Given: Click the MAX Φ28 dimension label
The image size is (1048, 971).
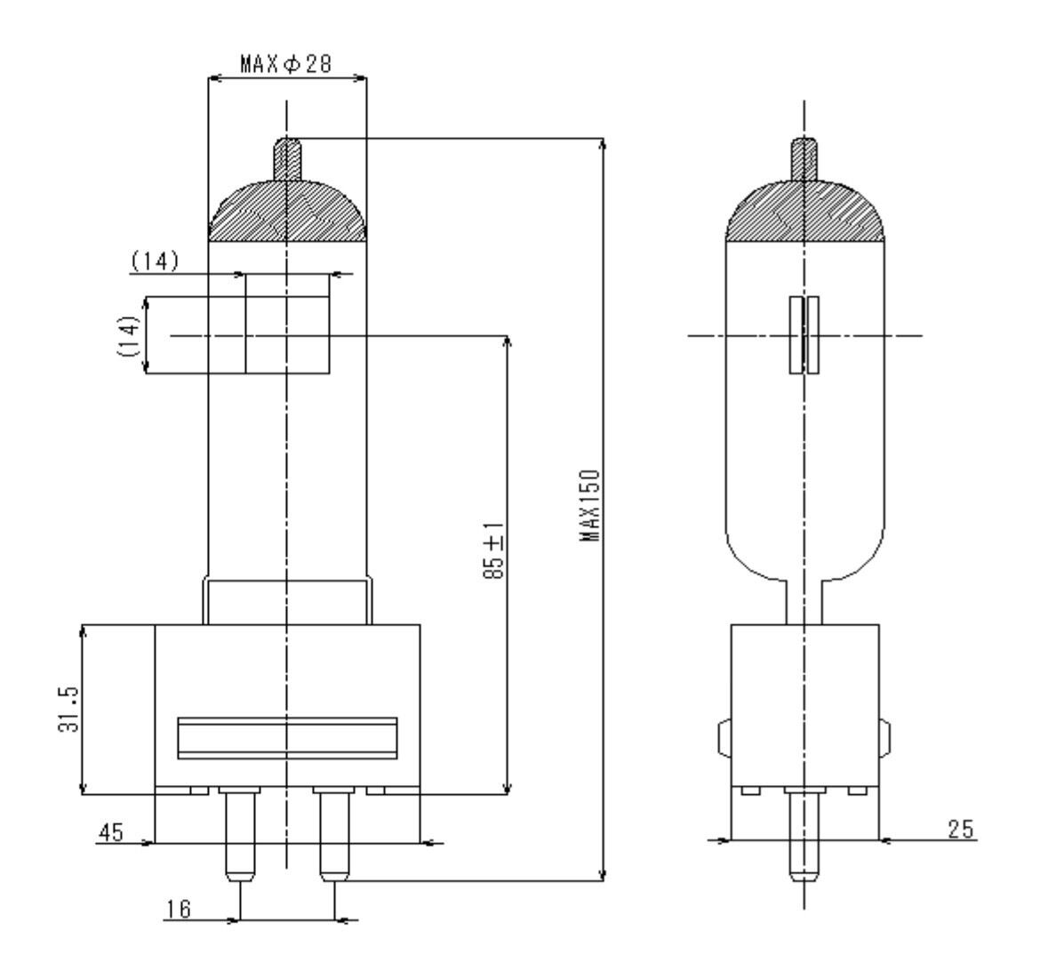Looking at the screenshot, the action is point(285,63).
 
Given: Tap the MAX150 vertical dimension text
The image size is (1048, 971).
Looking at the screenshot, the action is point(589,506).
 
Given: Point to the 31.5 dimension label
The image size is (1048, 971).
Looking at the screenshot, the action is point(68,710).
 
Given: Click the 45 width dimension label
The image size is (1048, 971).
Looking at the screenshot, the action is point(111,832).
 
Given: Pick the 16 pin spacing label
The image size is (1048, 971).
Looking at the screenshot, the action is point(178,909).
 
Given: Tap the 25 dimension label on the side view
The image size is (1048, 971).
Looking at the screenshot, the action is point(961,830).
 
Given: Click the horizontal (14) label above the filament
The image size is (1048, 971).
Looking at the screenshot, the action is point(155,261).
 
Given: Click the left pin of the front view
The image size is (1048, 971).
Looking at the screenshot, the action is point(239,836).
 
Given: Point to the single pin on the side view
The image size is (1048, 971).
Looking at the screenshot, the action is point(804,836).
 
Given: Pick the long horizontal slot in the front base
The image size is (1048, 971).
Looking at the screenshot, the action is point(287,738).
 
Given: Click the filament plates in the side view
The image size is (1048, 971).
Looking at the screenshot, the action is point(804,334).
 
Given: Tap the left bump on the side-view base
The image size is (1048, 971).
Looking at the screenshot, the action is point(724,738).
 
